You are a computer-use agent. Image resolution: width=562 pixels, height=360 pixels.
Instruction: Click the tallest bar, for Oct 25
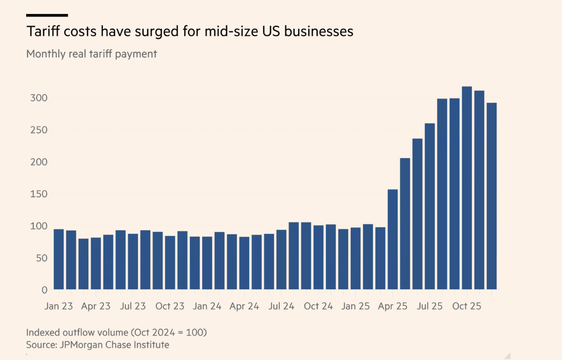pyautogui.click(x=467, y=188)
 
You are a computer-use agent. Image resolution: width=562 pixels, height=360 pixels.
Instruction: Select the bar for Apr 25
pyautogui.click(x=393, y=239)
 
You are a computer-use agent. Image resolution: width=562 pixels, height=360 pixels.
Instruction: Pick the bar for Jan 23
pyautogui.click(x=59, y=259)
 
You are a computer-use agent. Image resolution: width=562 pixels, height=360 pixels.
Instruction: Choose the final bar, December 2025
pyautogui.click(x=491, y=196)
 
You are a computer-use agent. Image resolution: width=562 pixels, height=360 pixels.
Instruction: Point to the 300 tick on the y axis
pyautogui.click(x=38, y=97)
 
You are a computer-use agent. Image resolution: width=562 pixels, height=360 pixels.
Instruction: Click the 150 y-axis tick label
pyautogui.click(x=38, y=194)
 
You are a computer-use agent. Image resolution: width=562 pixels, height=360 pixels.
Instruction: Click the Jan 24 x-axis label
pyautogui.click(x=207, y=306)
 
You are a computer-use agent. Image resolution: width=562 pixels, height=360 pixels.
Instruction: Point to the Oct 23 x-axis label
pyautogui.click(x=170, y=306)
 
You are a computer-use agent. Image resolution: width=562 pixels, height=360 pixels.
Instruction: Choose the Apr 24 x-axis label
pyautogui.click(x=244, y=306)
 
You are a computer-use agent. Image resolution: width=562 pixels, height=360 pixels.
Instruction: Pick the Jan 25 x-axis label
pyautogui.click(x=355, y=306)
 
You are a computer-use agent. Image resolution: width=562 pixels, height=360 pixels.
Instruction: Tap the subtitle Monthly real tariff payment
pyautogui.click(x=91, y=54)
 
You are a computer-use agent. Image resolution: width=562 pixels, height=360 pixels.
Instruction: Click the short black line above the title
pyautogui.click(x=47, y=15)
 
